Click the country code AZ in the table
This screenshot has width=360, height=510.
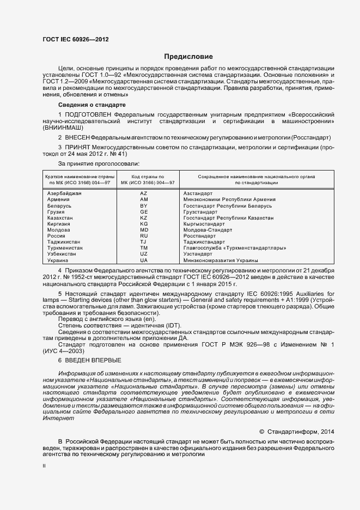pyautogui.click(x=144, y=193)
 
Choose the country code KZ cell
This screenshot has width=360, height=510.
pyautogui.click(x=144, y=218)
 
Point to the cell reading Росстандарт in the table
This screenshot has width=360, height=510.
pyautogui.click(x=199, y=236)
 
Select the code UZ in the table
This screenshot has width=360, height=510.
pyautogui.click(x=144, y=254)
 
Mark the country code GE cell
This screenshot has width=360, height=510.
pyautogui.click(x=144, y=212)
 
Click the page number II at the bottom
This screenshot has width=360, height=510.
pyautogui.click(x=44, y=466)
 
